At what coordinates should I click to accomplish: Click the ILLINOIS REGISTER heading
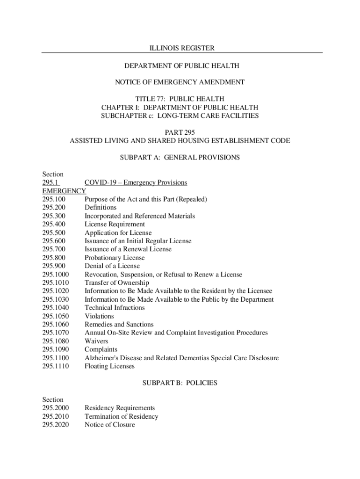click(180, 48)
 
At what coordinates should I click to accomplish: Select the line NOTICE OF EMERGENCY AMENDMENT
click(180, 82)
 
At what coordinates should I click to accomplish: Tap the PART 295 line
click(180, 132)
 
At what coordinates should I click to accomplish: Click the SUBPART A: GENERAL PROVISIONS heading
click(180, 158)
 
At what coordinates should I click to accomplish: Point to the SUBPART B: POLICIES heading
click(180, 383)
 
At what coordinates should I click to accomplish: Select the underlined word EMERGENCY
click(64, 191)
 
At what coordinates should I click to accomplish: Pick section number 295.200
click(54, 207)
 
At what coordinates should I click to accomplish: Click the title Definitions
click(101, 207)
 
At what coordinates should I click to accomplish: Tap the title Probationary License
click(115, 258)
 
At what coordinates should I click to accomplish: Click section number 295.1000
click(56, 275)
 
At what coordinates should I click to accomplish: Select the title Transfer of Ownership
click(116, 283)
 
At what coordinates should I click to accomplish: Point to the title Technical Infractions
click(115, 308)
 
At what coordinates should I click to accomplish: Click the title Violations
click(99, 316)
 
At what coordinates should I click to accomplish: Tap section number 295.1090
click(56, 350)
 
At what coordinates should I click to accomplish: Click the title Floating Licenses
click(109, 366)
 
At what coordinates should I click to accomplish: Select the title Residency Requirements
click(120, 408)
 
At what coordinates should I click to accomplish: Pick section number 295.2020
click(56, 425)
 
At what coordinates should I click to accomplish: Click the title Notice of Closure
click(109, 425)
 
